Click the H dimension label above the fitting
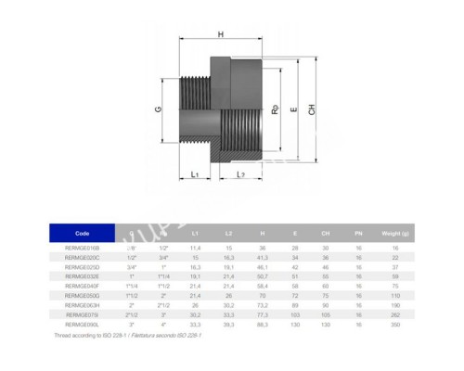(x=220, y=34)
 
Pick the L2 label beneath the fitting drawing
(x=240, y=173)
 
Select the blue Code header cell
(x=84, y=235)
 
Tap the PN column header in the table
(x=351, y=235)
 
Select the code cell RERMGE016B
(x=83, y=249)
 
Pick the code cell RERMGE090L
(x=83, y=325)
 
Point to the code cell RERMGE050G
(x=83, y=295)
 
